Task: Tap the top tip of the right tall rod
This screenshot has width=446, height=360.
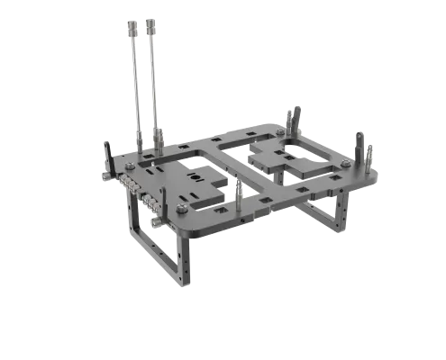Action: click(151, 20)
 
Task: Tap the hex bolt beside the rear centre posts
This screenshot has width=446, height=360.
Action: click(280, 132)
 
